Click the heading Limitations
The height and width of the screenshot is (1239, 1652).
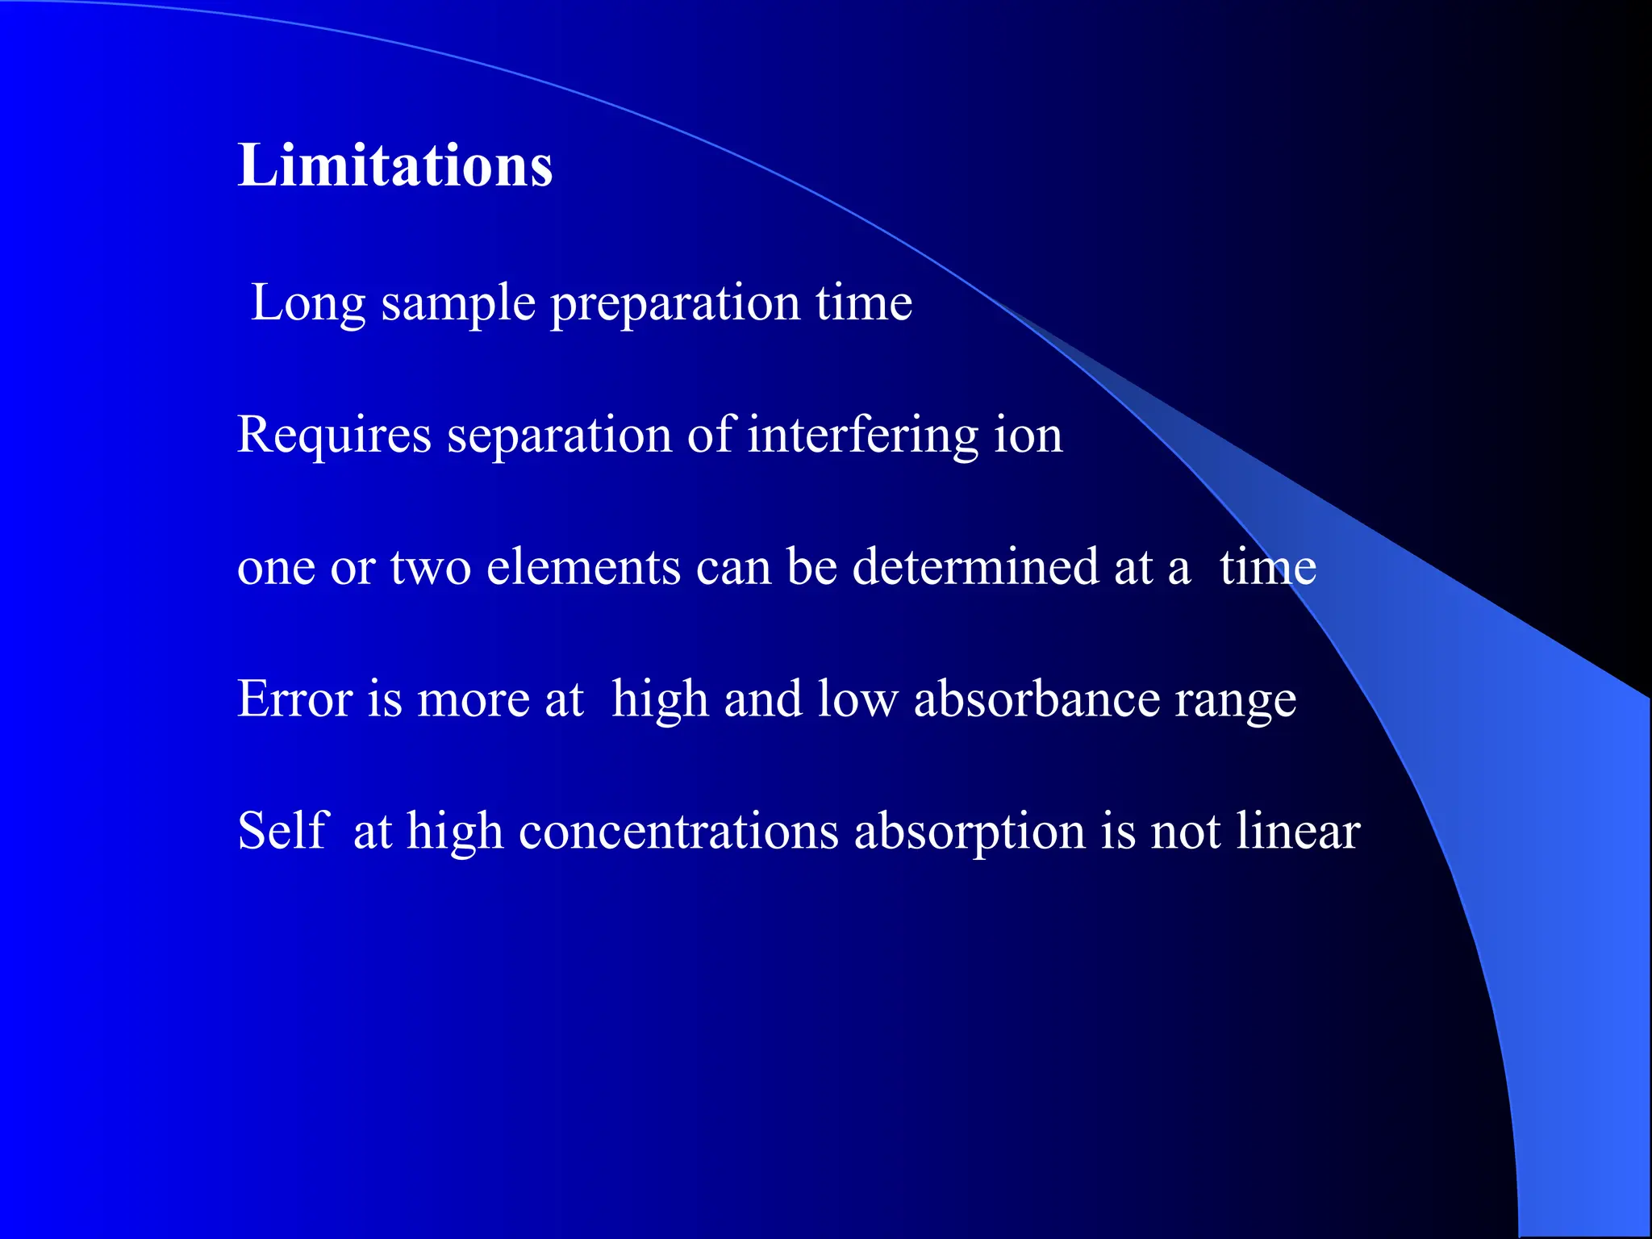tap(394, 166)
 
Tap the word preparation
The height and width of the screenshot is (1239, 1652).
tap(674, 304)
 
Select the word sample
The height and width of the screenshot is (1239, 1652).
tap(458, 304)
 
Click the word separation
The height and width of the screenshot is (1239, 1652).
tap(559, 436)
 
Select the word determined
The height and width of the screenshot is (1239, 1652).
tap(975, 567)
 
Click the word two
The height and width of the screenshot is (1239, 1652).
tap(431, 567)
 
